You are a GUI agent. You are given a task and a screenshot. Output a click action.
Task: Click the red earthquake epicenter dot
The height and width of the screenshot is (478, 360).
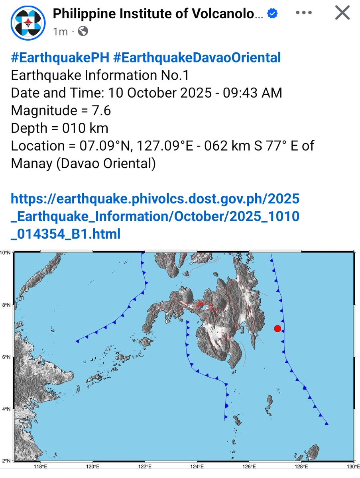278,328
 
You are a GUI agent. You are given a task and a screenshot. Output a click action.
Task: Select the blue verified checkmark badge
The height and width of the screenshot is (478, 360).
272,14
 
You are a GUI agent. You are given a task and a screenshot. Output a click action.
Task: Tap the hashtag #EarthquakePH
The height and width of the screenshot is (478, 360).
60,58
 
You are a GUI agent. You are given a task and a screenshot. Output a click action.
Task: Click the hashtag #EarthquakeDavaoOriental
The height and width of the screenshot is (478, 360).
197,58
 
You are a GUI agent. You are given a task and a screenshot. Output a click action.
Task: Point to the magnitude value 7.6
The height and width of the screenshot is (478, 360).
102,110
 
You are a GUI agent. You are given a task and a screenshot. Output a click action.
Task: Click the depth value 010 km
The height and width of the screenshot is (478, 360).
85,128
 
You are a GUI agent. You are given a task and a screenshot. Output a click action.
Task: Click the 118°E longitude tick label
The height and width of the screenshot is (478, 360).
40,466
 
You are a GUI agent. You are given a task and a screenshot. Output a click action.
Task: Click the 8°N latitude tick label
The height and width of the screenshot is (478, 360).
6,305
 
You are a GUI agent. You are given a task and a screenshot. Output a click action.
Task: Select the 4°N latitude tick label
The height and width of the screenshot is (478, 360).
6,409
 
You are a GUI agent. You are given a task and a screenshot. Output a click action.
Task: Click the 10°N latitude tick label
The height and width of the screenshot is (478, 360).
6,253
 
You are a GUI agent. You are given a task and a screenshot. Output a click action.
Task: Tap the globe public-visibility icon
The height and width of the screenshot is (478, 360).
83,31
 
